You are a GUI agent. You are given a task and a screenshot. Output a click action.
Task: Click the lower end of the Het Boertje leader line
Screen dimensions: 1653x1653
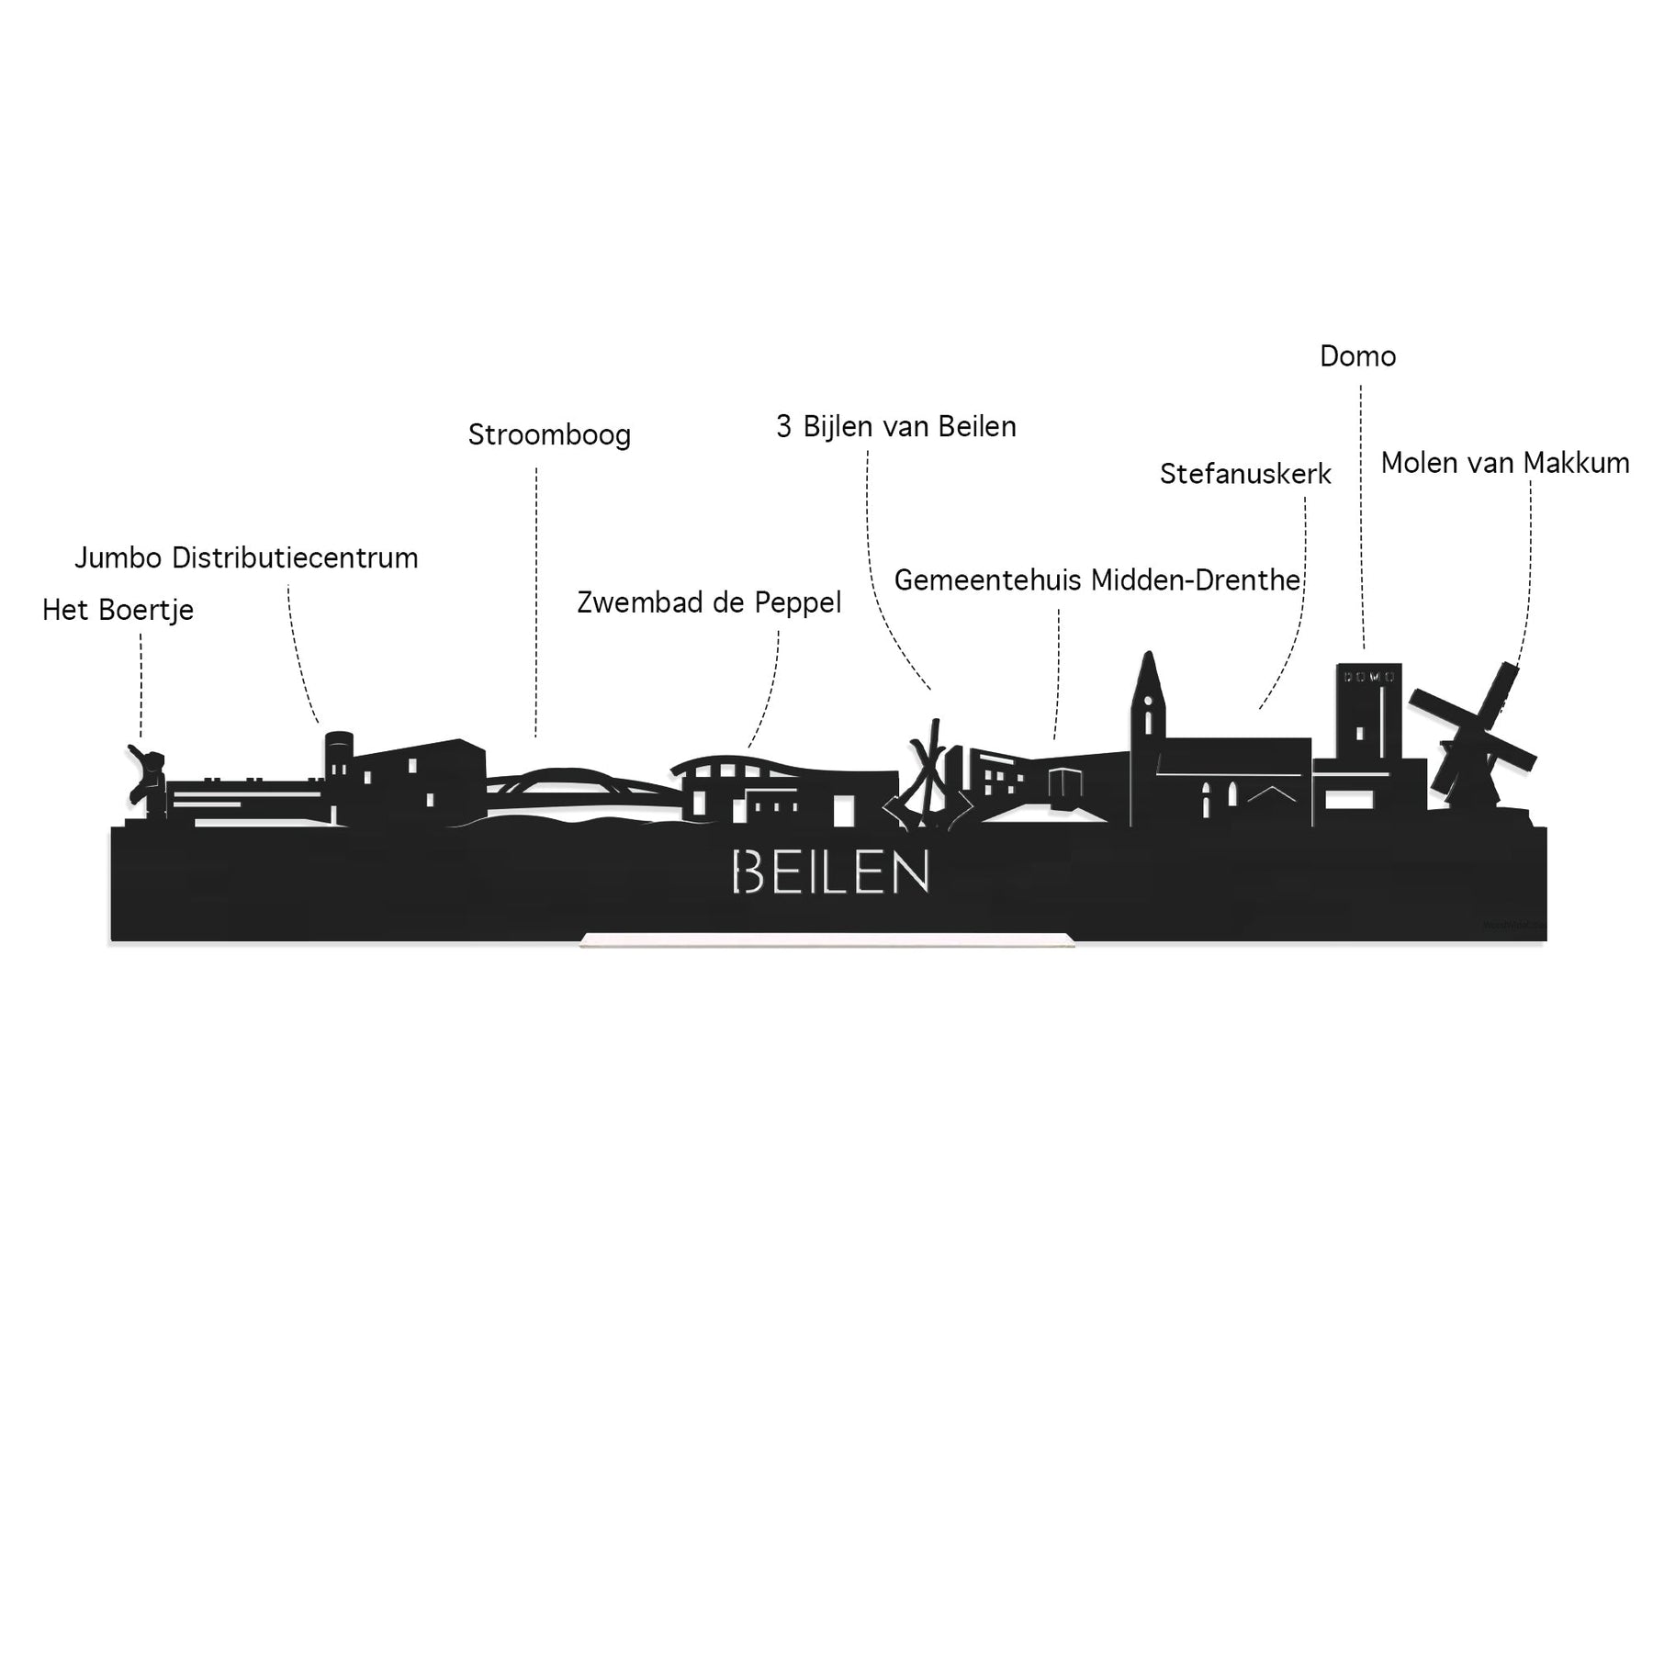click(x=141, y=737)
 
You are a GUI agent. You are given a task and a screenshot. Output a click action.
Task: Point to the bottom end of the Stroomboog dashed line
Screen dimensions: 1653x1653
click(x=536, y=737)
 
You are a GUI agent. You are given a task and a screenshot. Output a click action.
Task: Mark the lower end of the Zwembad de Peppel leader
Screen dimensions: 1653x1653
click(x=749, y=748)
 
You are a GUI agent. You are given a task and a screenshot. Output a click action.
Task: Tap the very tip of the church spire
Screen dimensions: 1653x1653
click(x=1147, y=652)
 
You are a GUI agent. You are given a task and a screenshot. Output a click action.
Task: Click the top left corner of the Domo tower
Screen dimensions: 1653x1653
click(x=1338, y=664)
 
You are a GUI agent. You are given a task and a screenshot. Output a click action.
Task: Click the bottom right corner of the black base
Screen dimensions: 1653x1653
click(x=1546, y=940)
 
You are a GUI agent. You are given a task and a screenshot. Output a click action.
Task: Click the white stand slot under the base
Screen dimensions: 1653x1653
click(x=827, y=939)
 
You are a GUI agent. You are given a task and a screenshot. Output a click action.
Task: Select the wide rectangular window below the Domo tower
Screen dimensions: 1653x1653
click(x=1343, y=800)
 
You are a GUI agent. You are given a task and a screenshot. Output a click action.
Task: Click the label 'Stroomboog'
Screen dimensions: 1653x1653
click(x=549, y=434)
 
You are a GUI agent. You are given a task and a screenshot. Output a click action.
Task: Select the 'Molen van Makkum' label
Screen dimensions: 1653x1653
click(x=1505, y=463)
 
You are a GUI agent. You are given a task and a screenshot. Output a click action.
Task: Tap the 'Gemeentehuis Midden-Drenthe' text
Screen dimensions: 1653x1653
click(x=1097, y=580)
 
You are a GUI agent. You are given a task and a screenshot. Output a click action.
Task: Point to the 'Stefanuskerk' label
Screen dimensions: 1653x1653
click(x=1245, y=474)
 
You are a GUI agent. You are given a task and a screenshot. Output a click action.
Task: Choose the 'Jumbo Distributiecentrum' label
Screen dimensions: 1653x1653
click(x=246, y=557)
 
